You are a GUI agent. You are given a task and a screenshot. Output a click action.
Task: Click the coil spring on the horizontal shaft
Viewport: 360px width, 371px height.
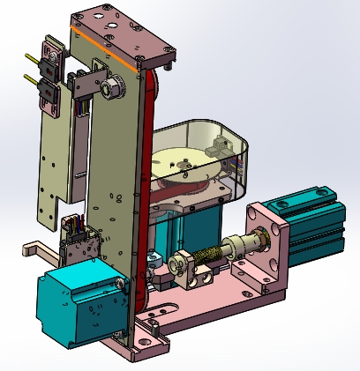(210, 256)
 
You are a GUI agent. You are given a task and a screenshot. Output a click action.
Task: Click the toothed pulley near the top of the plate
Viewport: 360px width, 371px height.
(113, 88)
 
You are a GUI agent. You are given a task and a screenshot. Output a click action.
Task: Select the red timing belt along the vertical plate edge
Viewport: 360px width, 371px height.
(150, 176)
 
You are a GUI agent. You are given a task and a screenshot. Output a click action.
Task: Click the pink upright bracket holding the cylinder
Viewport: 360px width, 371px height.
(269, 247)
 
